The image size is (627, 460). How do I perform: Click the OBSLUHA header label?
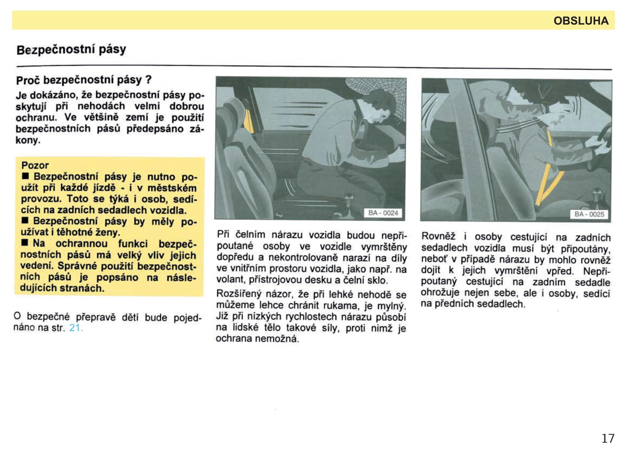[x=581, y=21]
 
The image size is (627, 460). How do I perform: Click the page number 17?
[x=608, y=438]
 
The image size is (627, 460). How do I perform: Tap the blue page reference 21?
[x=75, y=328]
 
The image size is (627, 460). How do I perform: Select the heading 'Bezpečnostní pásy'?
[x=71, y=50]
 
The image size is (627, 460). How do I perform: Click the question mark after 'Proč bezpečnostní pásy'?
[x=148, y=80]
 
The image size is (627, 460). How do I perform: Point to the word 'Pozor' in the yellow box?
[x=35, y=165]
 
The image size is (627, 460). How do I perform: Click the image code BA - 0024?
[x=383, y=213]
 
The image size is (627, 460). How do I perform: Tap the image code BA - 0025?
[x=589, y=214]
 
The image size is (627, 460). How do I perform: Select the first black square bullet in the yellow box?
[x=25, y=176]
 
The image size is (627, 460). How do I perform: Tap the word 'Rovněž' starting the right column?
[x=438, y=236]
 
